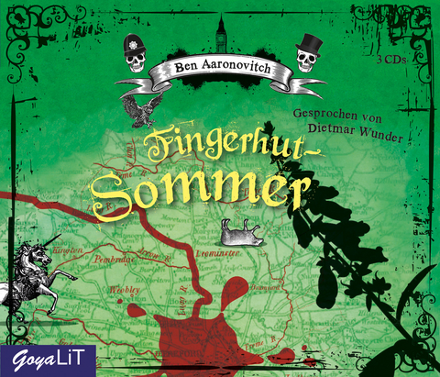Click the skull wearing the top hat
coord(306,55)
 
